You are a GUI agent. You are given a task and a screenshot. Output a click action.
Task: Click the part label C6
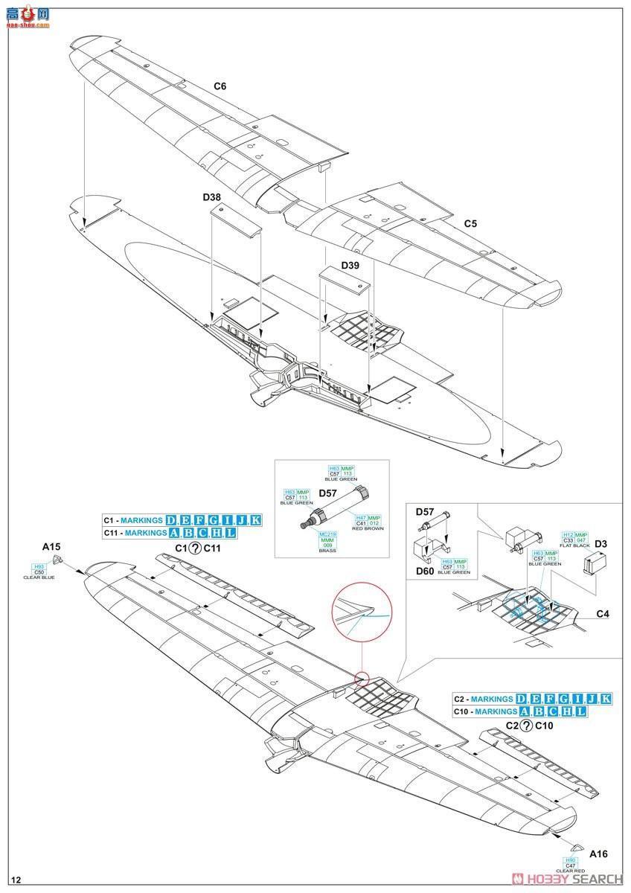(220, 86)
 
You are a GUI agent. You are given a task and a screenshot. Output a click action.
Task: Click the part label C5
(470, 223)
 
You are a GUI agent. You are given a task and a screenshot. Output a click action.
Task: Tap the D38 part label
(211, 198)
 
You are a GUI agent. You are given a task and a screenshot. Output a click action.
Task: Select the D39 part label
(350, 266)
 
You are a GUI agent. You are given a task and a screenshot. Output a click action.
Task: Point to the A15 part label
(51, 547)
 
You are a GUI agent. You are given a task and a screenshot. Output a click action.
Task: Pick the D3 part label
(600, 545)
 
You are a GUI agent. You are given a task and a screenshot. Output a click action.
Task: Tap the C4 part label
(603, 614)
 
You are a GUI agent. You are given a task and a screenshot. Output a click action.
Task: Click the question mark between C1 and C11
(195, 548)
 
